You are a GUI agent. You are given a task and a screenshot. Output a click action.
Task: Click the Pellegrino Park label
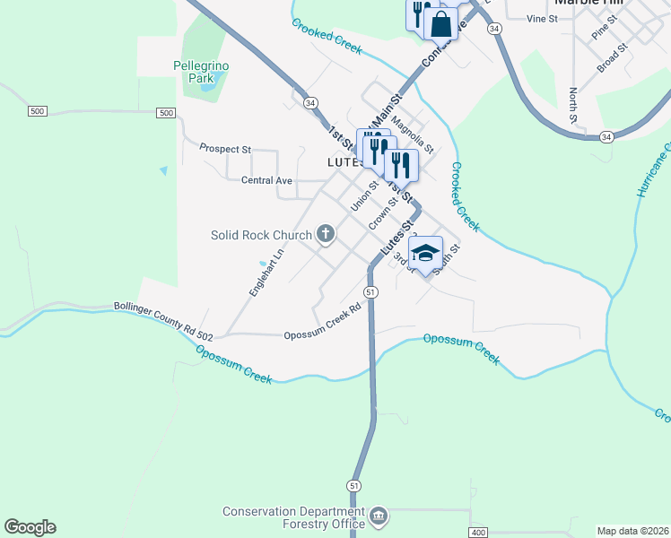pos(194,71)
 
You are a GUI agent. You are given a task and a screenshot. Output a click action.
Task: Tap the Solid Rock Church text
pos(260,235)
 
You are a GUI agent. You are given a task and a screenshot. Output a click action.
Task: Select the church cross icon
pos(325,235)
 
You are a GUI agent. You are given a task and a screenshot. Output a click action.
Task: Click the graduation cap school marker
pos(426,252)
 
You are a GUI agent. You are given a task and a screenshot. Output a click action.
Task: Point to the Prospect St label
pos(225,149)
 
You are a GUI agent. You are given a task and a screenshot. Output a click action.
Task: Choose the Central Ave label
pos(267,180)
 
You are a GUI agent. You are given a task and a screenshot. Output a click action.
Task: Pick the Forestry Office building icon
pos(379,517)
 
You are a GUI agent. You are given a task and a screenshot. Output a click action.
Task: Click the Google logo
pos(30,527)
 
